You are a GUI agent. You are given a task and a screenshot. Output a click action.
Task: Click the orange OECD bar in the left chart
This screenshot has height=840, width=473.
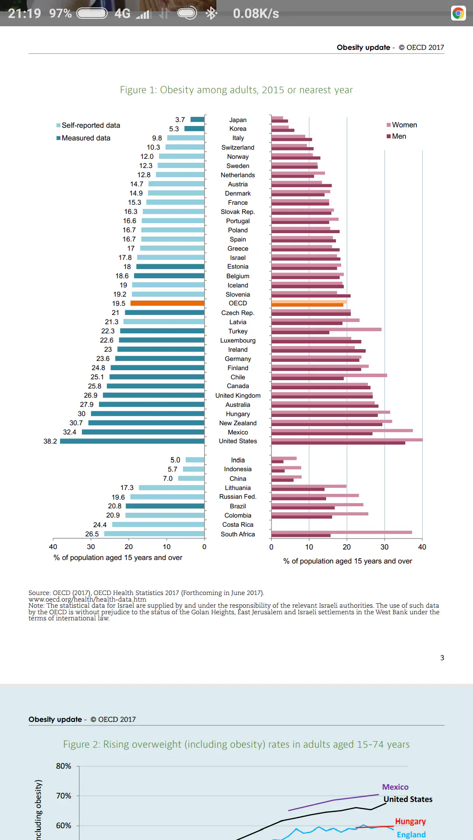tap(167, 303)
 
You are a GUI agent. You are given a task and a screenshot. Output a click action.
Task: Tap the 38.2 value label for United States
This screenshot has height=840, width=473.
tap(50, 441)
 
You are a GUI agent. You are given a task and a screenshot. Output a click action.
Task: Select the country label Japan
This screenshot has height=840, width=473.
tap(238, 120)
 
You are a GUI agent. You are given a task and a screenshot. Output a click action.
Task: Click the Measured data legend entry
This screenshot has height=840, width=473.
tap(86, 138)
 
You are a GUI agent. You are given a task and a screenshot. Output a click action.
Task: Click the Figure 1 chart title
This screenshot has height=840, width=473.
tap(236, 90)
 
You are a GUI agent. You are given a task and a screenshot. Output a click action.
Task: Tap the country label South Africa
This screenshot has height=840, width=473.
tap(238, 534)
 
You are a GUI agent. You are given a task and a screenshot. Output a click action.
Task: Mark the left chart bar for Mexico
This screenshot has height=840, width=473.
tap(143, 432)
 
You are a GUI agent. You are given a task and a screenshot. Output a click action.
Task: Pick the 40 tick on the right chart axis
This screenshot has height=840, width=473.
tap(422, 547)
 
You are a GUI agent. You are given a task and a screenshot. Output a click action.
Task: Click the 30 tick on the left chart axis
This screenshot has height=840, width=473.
tap(91, 547)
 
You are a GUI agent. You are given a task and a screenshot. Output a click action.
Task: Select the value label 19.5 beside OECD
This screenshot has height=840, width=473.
tap(118, 304)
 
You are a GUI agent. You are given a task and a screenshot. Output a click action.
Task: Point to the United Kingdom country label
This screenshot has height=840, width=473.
tap(238, 395)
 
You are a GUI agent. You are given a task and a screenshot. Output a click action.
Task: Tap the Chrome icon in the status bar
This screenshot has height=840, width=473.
tap(458, 14)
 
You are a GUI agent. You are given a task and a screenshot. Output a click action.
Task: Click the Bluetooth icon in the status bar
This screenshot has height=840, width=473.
tap(212, 14)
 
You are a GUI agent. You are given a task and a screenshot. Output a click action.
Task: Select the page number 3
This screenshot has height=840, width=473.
tap(442, 658)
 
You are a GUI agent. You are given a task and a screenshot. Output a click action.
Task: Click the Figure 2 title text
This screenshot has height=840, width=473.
tap(236, 745)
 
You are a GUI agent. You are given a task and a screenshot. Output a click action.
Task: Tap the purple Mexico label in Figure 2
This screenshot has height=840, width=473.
tap(395, 787)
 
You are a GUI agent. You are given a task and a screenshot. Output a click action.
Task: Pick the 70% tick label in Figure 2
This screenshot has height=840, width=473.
tap(64, 796)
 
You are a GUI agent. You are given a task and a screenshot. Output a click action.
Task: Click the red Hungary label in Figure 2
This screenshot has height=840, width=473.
tap(410, 822)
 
